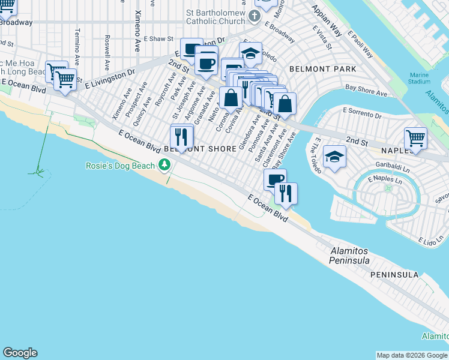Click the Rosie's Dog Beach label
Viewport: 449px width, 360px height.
[119, 165]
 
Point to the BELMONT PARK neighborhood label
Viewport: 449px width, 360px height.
[322, 69]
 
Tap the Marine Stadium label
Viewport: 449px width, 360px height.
[419, 77]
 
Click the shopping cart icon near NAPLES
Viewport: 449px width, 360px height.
[415, 138]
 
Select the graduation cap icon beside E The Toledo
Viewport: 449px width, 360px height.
[334, 157]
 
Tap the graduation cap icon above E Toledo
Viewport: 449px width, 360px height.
[250, 53]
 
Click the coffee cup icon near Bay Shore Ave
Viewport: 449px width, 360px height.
[275, 179]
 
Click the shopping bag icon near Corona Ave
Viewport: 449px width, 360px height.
[231, 97]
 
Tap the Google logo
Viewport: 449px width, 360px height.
[20, 353]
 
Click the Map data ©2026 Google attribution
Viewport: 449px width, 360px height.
[412, 355]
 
